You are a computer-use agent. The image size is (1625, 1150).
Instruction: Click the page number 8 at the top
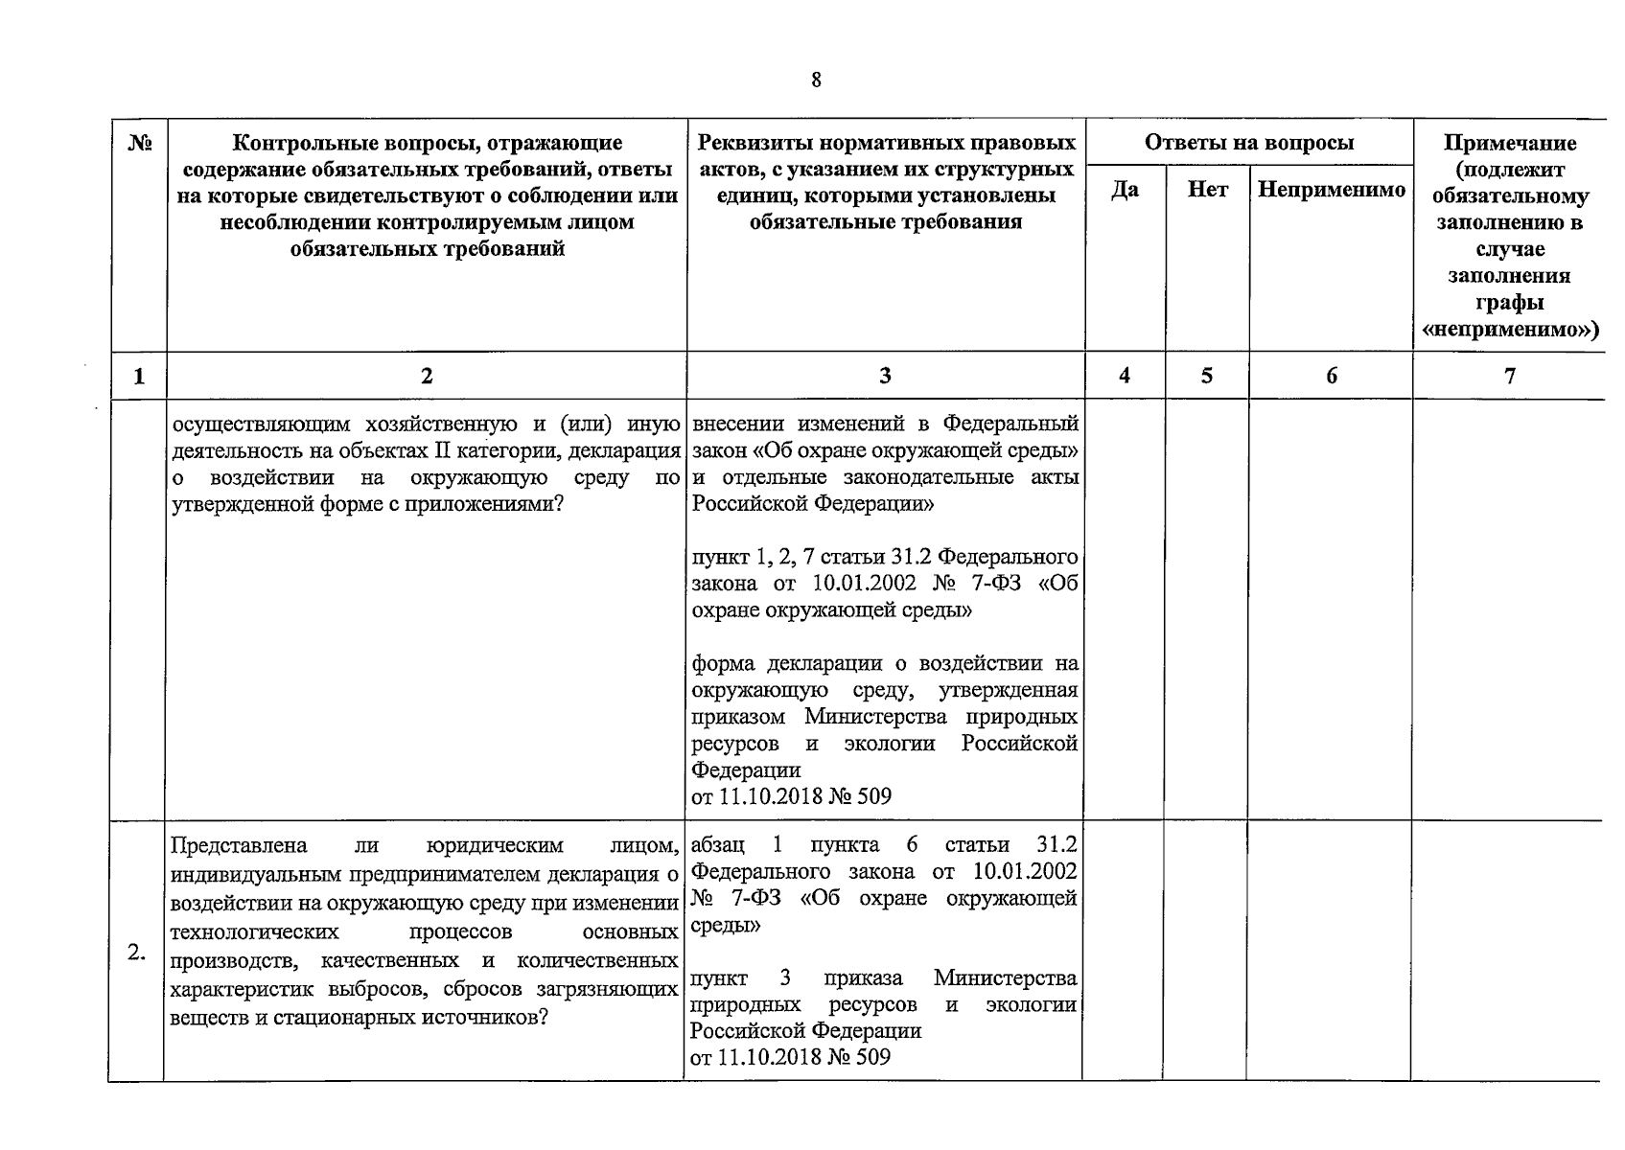tap(816, 80)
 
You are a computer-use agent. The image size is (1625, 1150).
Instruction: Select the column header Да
tap(1125, 190)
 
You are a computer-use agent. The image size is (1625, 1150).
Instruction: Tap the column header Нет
tap(1207, 190)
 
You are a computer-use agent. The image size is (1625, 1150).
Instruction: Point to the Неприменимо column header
tap(1331, 190)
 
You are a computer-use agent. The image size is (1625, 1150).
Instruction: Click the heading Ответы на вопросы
tap(1248, 143)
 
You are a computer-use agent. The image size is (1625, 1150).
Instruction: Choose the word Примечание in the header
tap(1509, 144)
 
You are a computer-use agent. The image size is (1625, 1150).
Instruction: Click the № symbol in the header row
tap(140, 144)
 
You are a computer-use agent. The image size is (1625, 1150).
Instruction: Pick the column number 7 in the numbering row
tap(1509, 376)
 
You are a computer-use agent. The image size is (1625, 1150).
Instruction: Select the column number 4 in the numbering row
tap(1125, 376)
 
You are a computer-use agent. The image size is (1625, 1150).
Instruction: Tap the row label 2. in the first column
tap(136, 952)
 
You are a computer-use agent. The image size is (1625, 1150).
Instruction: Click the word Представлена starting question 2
tap(238, 845)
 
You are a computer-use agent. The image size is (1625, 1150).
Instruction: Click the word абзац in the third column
tap(717, 845)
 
